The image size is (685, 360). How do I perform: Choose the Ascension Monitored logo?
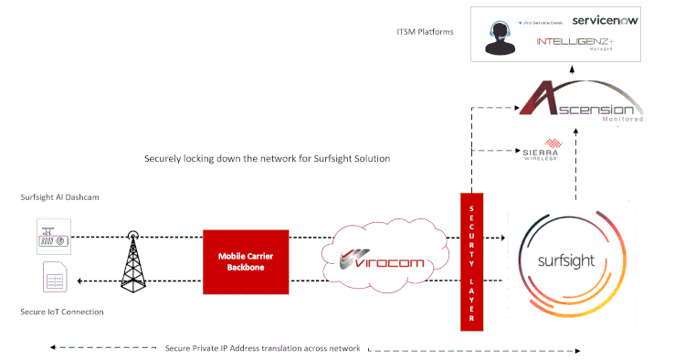point(580,103)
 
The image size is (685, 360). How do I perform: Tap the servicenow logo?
point(608,19)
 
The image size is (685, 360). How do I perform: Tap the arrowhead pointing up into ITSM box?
point(574,68)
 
